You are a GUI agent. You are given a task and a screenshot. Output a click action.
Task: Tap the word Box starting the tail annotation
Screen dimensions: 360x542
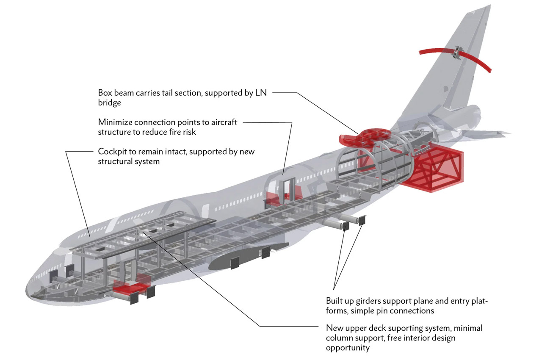pos(105,93)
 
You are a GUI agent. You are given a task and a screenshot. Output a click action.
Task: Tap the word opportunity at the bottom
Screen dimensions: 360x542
pos(348,348)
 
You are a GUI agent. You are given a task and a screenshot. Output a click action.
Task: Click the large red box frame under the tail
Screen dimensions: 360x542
pos(436,169)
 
